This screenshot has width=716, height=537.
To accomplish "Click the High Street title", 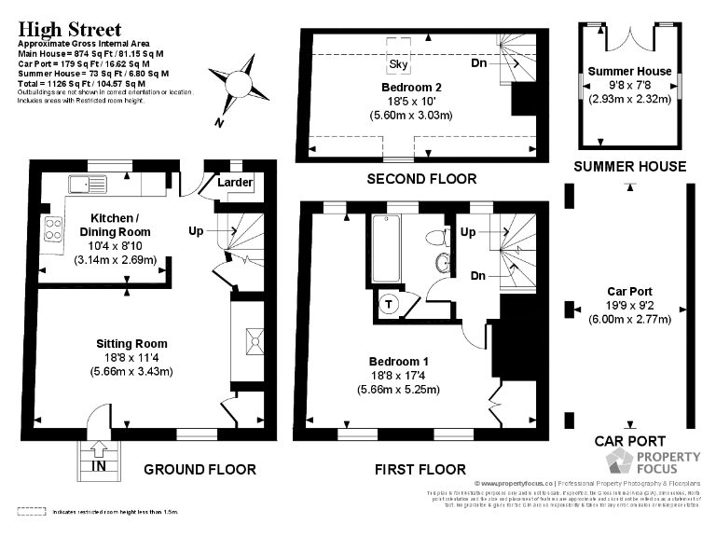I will point(69,28).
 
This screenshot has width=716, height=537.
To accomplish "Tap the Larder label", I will point(235,183).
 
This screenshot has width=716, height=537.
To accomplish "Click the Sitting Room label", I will point(131,344).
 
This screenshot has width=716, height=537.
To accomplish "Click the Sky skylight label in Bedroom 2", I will point(398,64).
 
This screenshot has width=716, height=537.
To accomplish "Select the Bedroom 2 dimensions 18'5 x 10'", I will point(411,102).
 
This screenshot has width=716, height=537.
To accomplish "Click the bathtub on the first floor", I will point(386,248).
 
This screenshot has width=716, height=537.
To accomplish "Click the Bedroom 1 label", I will point(399,362).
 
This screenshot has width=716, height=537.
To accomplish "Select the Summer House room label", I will point(629,71).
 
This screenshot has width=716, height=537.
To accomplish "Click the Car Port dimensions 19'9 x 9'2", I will point(629,305).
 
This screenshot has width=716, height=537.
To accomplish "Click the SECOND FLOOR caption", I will point(421,179).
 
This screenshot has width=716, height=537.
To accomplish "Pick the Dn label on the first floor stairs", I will point(477,277).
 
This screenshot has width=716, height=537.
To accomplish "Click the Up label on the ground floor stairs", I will point(197,229).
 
